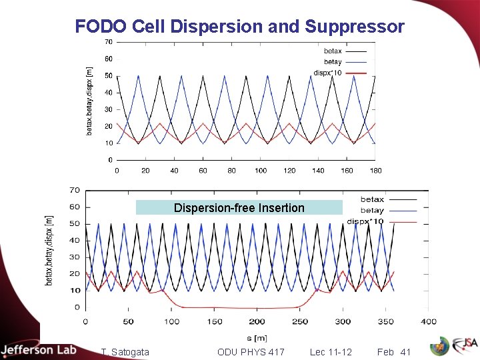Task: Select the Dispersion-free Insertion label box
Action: [239, 208]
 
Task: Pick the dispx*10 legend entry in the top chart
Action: [328, 72]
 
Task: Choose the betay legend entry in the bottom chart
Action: [372, 210]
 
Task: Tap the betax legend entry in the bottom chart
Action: [372, 199]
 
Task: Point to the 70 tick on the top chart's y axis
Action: [108, 42]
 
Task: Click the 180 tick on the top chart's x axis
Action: [375, 171]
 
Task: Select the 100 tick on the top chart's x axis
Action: [261, 171]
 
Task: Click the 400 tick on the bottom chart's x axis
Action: [428, 322]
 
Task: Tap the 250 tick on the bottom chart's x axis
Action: [300, 322]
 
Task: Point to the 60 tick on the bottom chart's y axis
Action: [74, 207]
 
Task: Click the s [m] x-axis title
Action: [257, 338]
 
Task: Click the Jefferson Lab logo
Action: [39, 350]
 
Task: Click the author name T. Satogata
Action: [125, 352]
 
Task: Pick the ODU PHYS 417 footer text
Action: [251, 352]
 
